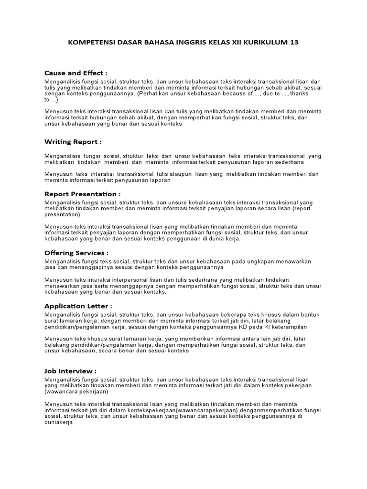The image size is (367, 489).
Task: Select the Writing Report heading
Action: point(73,142)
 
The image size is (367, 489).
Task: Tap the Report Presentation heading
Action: point(82,194)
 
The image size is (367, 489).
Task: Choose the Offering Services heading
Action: point(76,253)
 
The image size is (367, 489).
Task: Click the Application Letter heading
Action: point(78,306)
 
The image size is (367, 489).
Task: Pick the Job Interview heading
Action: point(70,371)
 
